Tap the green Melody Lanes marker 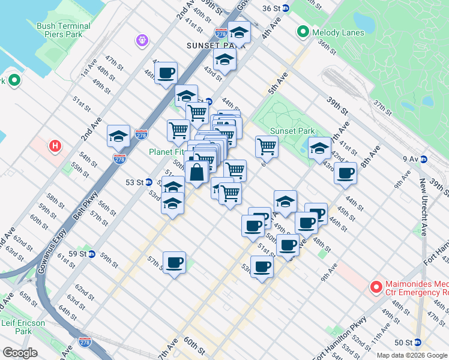[x=302, y=31]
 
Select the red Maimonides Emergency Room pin [x=376, y=287]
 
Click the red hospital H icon [x=55, y=146]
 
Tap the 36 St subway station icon [x=286, y=8]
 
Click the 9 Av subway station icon [x=423, y=159]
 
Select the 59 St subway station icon [x=92, y=254]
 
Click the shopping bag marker [x=197, y=173]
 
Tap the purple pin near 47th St [x=142, y=40]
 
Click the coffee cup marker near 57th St [x=174, y=263]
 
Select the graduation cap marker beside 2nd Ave [x=118, y=137]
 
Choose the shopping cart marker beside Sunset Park [x=267, y=146]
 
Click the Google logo [x=20, y=353]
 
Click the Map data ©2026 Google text [x=411, y=355]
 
